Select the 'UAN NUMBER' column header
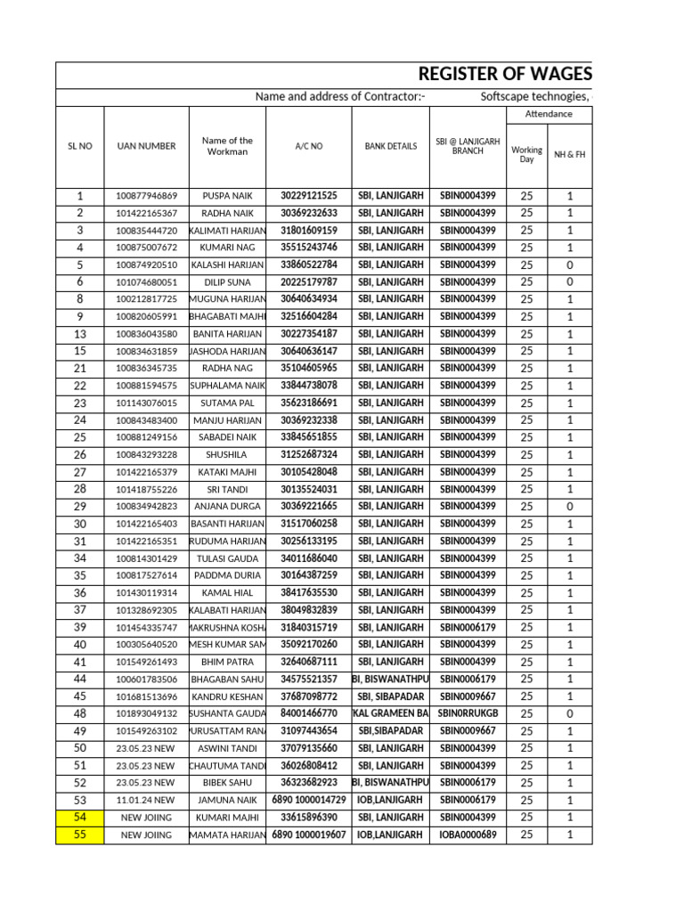point(146,146)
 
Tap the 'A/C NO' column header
point(309,146)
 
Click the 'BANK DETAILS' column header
point(391,146)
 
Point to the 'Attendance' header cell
point(549,114)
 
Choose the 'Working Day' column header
point(526,155)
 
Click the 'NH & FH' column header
point(570,155)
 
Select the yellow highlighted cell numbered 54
point(80,818)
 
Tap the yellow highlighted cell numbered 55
point(80,835)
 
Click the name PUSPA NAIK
point(227,196)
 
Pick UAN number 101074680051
point(146,282)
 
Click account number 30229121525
point(309,196)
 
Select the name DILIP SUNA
point(227,282)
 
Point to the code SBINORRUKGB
point(468,714)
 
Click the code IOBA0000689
point(468,835)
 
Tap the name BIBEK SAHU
point(227,783)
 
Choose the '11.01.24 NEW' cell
point(146,801)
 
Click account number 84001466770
point(309,714)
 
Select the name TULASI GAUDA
point(227,558)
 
